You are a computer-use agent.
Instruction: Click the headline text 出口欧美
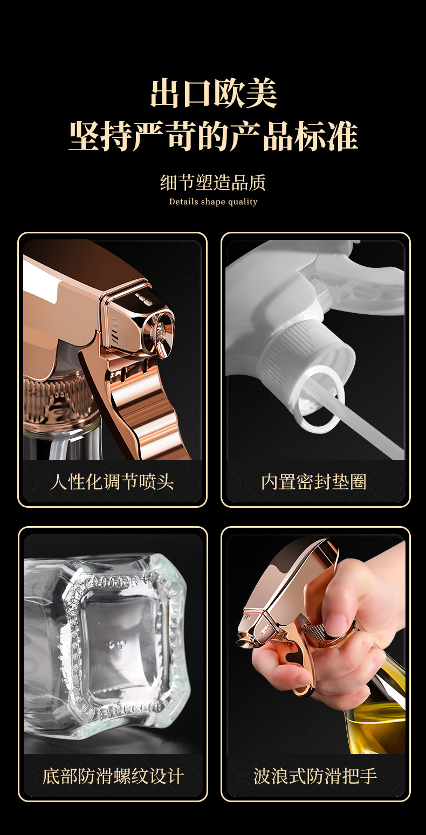[x=213, y=93]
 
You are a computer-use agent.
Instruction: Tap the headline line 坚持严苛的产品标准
[x=213, y=136]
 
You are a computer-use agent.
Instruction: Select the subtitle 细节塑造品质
[x=213, y=183]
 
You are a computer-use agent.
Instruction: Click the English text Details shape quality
[x=213, y=202]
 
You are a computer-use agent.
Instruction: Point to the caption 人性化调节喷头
[x=112, y=481]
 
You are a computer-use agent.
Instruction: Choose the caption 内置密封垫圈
[x=314, y=481]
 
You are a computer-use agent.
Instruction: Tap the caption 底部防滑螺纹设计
[x=113, y=776]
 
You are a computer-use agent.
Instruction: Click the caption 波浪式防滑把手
[x=315, y=776]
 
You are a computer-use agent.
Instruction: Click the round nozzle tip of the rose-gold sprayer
[x=161, y=326]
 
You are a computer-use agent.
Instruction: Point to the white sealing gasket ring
[x=318, y=397]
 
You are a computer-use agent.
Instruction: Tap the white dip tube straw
[x=372, y=426]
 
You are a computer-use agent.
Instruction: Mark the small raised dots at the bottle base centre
[x=116, y=644]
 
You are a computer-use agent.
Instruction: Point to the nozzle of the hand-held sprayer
[x=245, y=639]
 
